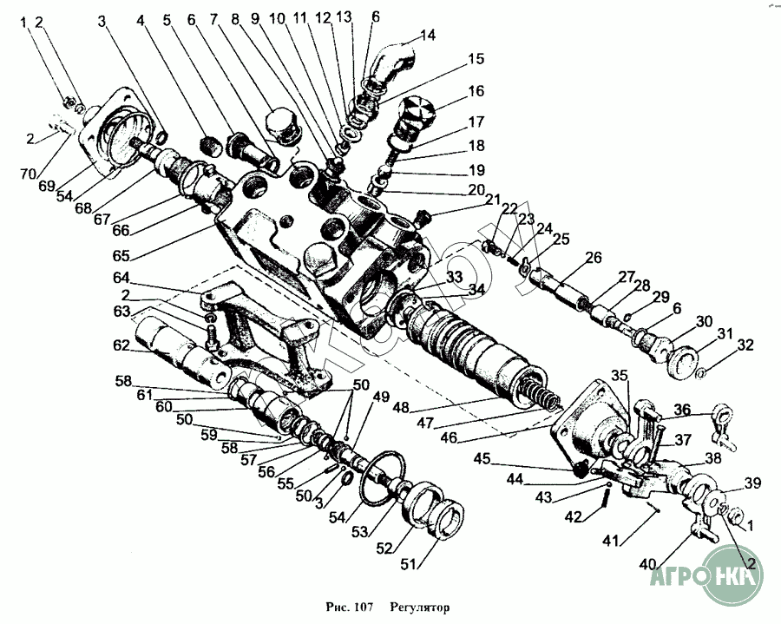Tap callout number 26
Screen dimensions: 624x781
point(594,258)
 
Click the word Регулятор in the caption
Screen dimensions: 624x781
point(420,608)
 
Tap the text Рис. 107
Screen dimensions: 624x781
point(352,608)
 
